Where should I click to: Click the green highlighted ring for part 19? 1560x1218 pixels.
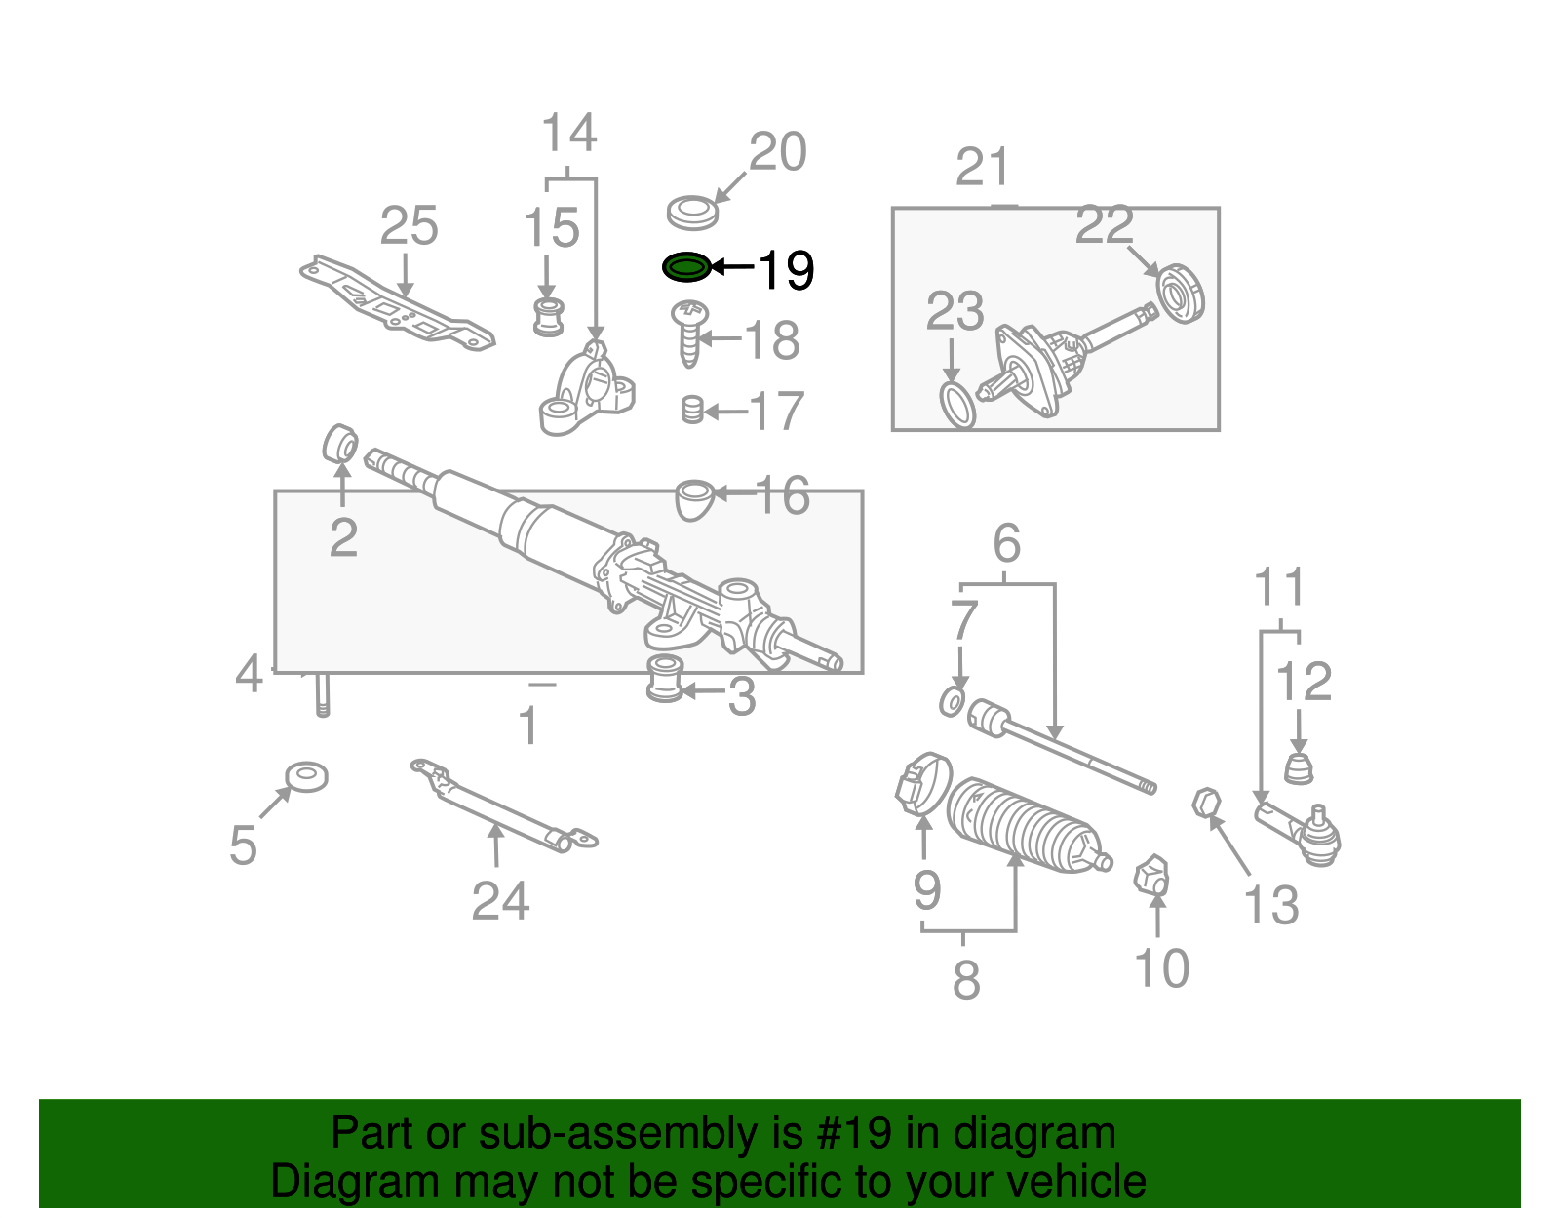(686, 266)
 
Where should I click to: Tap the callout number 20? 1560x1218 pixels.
(777, 152)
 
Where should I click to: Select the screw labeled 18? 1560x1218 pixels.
(689, 332)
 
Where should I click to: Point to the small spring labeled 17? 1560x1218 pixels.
(691, 410)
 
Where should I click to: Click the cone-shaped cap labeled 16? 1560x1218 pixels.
(693, 497)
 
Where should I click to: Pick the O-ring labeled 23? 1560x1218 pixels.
(956, 405)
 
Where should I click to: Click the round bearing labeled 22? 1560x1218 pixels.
(1181, 293)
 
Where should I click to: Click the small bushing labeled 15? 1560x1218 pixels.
(549, 317)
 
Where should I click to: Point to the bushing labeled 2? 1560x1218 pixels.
(339, 444)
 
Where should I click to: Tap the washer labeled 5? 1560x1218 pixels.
(306, 777)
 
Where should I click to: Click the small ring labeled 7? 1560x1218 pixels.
(953, 701)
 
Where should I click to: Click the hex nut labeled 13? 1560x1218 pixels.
(1206, 804)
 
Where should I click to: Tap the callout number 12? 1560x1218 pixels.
(1303, 682)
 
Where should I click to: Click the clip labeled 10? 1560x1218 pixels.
(1152, 874)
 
